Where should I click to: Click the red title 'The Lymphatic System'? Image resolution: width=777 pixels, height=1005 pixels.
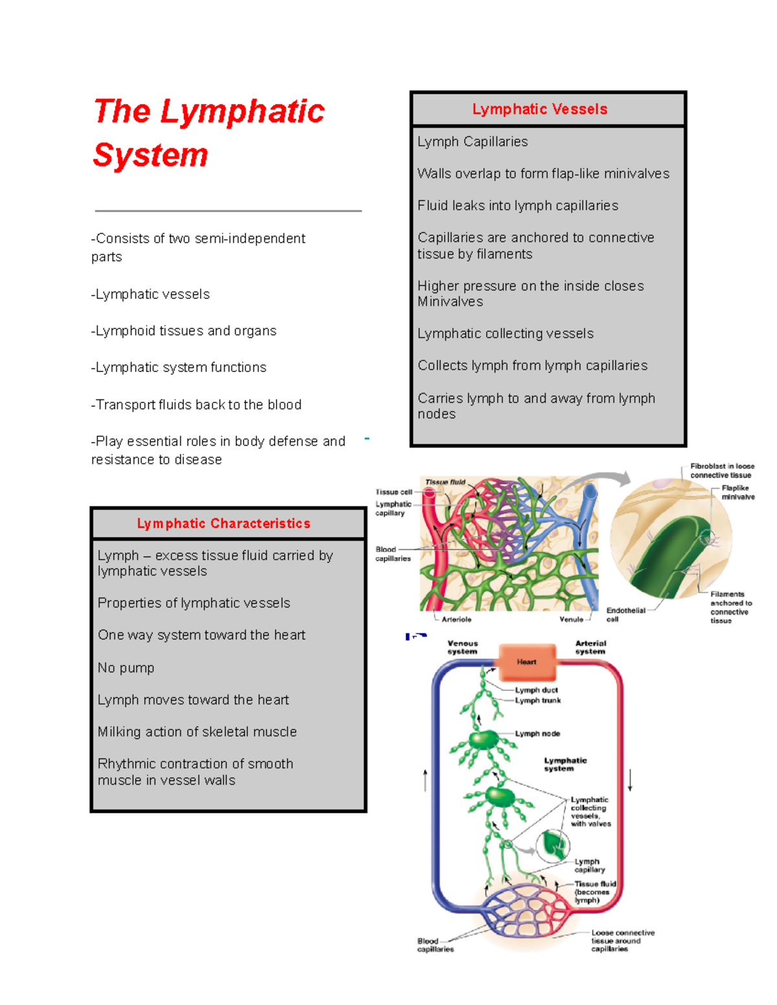(208, 133)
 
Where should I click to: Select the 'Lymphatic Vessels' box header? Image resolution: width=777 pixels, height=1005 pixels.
(539, 109)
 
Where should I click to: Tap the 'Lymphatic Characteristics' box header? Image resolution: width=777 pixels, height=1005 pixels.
(223, 524)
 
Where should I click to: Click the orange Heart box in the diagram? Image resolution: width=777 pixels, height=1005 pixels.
(526, 661)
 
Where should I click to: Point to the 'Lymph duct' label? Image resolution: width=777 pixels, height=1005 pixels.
(536, 690)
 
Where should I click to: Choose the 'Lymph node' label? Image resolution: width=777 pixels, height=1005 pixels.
(537, 733)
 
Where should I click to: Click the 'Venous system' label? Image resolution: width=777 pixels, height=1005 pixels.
(462, 647)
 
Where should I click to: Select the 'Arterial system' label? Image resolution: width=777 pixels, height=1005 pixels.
(591, 647)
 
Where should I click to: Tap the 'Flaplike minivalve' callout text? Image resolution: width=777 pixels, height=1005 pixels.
(738, 492)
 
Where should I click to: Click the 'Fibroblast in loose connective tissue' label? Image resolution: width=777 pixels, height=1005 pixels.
(721, 470)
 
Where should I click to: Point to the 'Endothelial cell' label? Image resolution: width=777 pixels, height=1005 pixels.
(625, 614)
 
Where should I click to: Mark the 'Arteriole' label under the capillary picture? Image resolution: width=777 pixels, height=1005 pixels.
(456, 619)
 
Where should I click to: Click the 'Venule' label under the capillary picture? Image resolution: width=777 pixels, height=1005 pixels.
(571, 619)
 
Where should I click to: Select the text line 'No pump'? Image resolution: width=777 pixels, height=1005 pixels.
(126, 668)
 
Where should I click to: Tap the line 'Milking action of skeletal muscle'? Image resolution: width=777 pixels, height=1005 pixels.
(197, 732)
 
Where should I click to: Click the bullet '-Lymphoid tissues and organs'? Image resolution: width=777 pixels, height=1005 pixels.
(184, 331)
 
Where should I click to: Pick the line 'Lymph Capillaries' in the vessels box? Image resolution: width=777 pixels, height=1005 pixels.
(473, 142)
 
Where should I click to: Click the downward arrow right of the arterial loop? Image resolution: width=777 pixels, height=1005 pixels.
(630, 780)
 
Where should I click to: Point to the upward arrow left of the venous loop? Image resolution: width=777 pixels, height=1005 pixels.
(425, 780)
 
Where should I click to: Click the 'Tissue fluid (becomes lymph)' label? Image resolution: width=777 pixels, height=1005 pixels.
(595, 892)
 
